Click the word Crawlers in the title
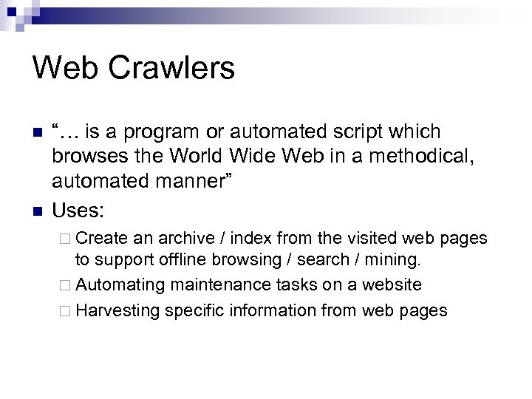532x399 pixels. (x=171, y=69)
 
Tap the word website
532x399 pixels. (x=392, y=285)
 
